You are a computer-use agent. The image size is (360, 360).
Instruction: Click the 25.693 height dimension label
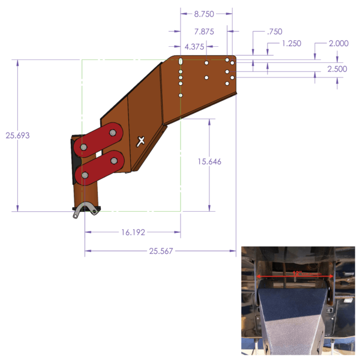(x=18, y=136)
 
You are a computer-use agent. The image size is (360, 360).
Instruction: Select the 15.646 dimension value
(x=209, y=161)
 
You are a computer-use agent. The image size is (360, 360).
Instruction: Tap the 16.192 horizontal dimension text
(x=133, y=232)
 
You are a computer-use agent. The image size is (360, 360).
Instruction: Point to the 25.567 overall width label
(x=161, y=251)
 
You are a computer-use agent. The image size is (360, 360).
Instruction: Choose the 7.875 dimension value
(x=206, y=31)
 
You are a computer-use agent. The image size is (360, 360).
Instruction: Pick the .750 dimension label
(x=275, y=31)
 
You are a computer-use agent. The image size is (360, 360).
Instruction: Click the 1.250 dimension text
(x=291, y=43)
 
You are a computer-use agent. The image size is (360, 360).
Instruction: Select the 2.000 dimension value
(x=339, y=43)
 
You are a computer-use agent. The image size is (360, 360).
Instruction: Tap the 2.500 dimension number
(x=337, y=70)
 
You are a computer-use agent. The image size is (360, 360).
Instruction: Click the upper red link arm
(x=100, y=139)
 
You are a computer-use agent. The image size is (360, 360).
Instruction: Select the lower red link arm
(x=99, y=167)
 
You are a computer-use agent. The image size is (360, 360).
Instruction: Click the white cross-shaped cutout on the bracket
(x=141, y=141)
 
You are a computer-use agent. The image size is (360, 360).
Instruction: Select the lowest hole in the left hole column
(x=181, y=94)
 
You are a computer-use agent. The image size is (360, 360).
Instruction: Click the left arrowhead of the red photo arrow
(x=259, y=276)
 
